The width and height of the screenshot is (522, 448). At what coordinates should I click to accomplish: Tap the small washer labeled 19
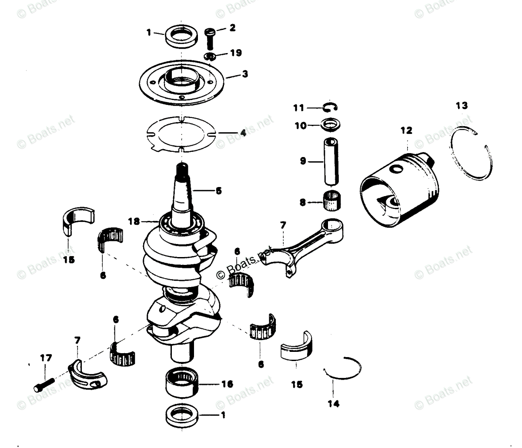pos(210,56)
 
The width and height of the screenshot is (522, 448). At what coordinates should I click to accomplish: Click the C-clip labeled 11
pos(332,107)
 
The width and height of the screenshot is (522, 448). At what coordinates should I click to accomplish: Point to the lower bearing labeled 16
pos(182,383)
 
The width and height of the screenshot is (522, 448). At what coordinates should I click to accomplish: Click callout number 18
pos(134,221)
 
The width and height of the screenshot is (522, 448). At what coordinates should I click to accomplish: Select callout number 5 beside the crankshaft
pos(218,190)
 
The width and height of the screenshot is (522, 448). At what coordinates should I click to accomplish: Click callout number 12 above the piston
pos(407,130)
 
